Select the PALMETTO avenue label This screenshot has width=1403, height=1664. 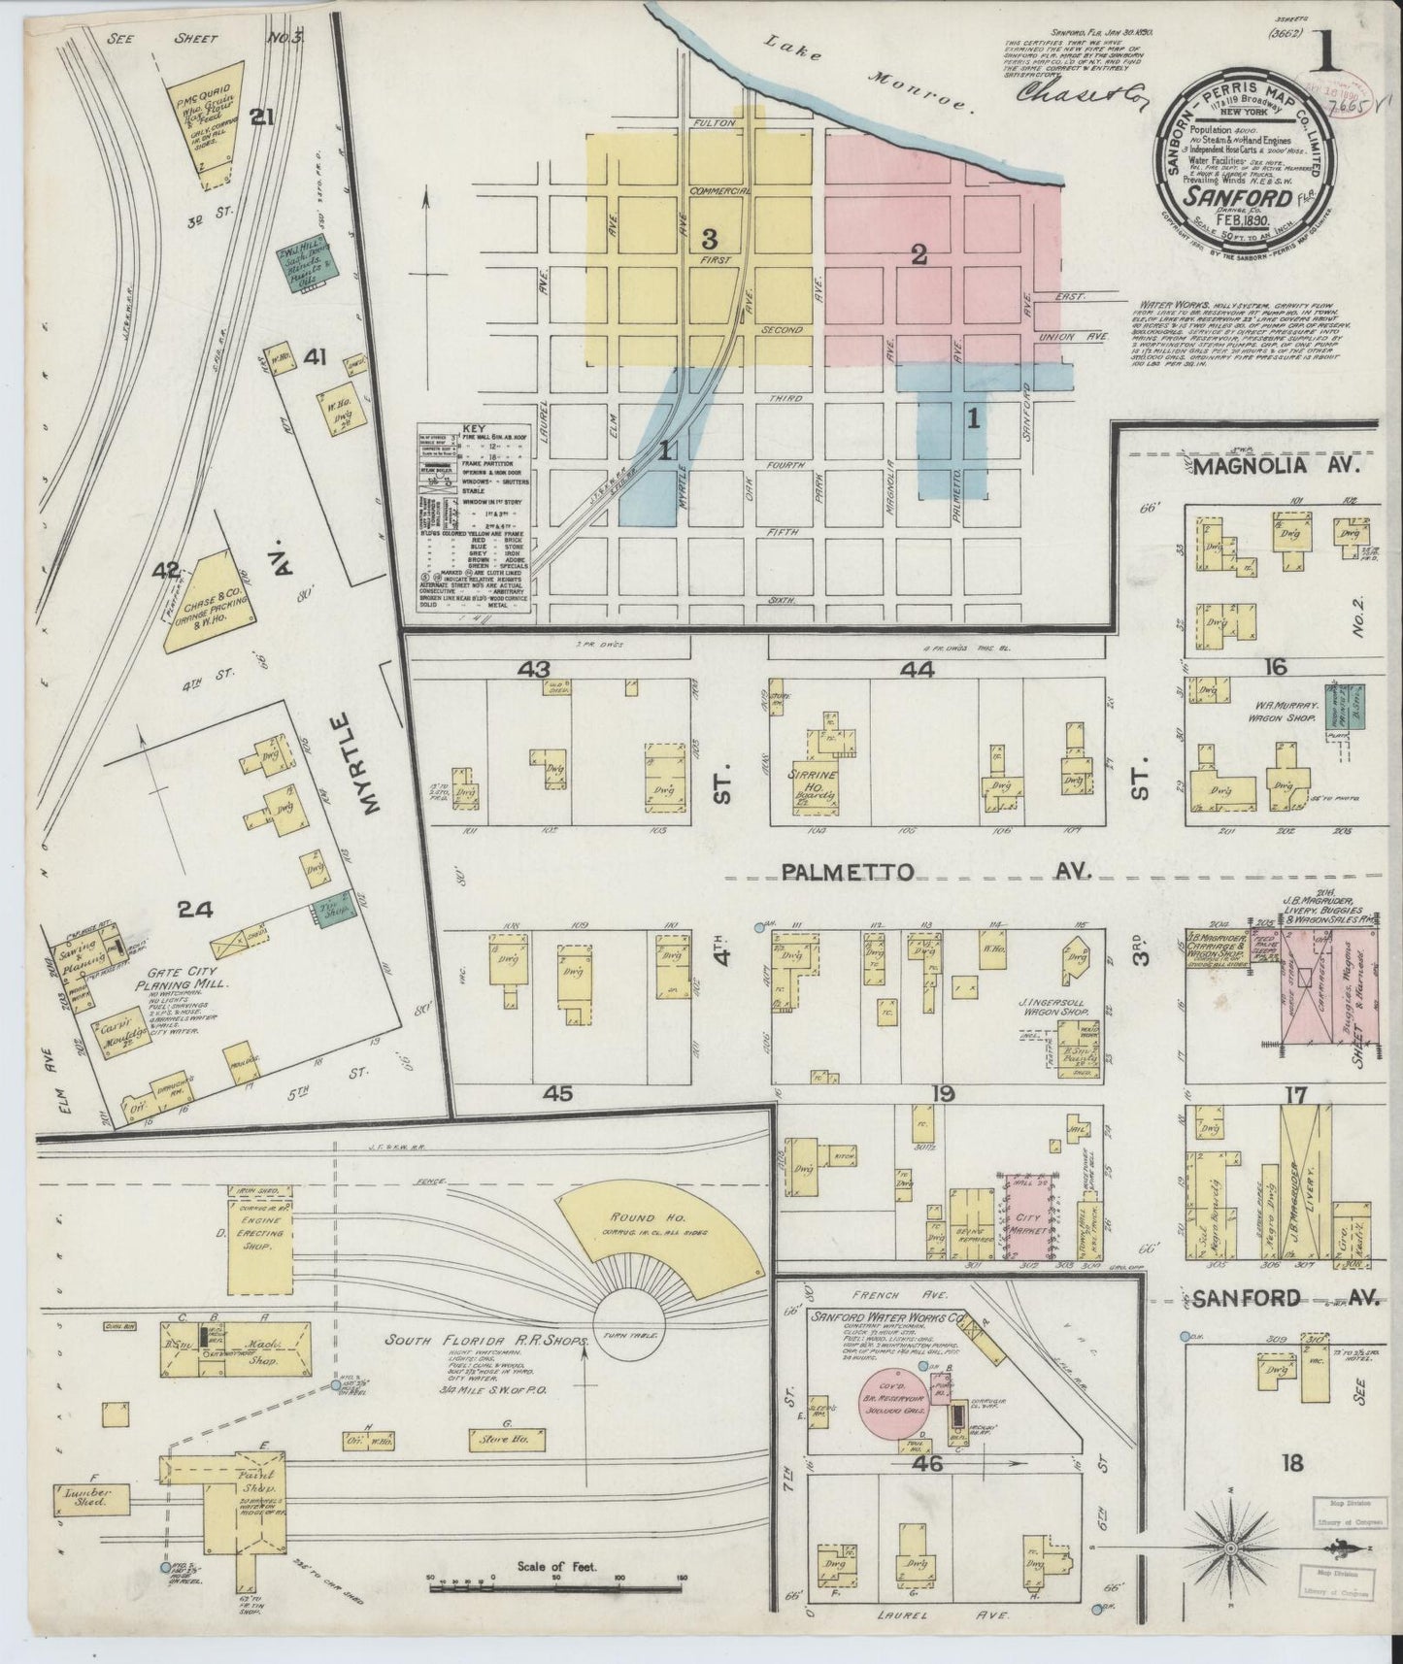point(848,873)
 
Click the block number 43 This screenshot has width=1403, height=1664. point(533,669)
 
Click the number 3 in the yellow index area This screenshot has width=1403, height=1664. point(710,238)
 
